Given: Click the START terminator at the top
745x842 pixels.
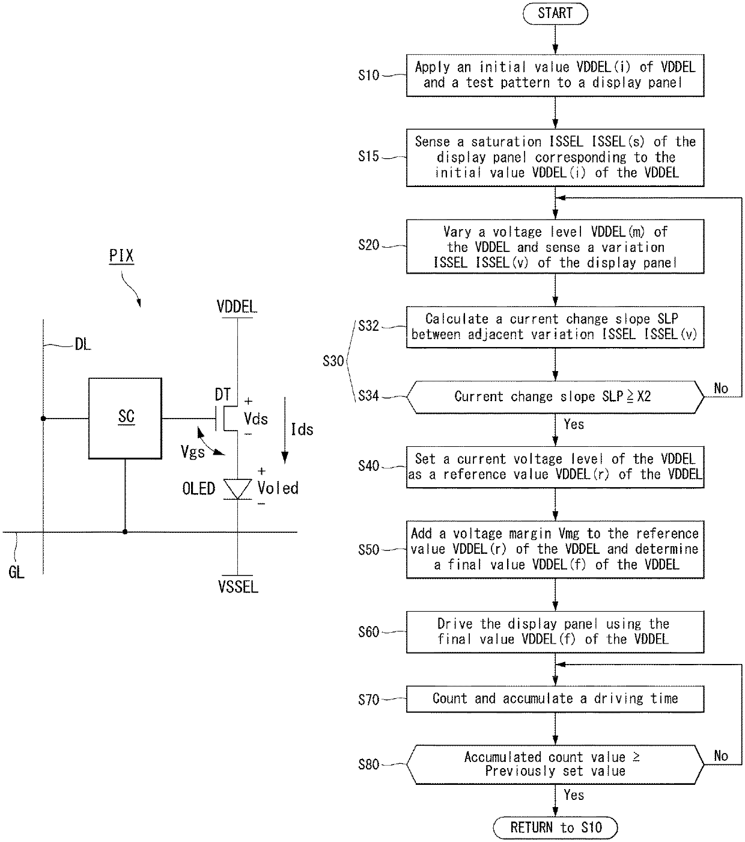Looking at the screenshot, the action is pyautogui.click(x=555, y=13).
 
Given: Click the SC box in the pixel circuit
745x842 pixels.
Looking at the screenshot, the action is pyautogui.click(x=125, y=418).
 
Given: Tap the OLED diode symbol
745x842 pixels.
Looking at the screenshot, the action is pyautogui.click(x=237, y=489).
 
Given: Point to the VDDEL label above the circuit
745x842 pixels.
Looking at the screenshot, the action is pyautogui.click(x=237, y=307).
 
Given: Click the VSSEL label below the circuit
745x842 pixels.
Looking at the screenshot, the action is pyautogui.click(x=238, y=586).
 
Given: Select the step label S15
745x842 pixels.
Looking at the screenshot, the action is pyautogui.click(x=368, y=156).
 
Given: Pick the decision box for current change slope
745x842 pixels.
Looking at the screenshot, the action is pyautogui.click(x=555, y=397).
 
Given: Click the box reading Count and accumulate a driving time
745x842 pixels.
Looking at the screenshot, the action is pyautogui.click(x=555, y=699).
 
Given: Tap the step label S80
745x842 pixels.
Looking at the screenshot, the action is pyautogui.click(x=368, y=764).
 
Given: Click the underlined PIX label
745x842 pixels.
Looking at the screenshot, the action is pyautogui.click(x=121, y=256).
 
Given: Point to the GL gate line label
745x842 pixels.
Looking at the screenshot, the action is pyautogui.click(x=16, y=573).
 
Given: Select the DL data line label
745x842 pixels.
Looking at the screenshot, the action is pyautogui.click(x=83, y=344).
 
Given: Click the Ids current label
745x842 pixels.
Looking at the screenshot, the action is pyautogui.click(x=302, y=429).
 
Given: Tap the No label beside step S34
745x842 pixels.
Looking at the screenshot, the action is pyautogui.click(x=721, y=388).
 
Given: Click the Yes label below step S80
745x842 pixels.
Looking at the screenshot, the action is pyautogui.click(x=574, y=794).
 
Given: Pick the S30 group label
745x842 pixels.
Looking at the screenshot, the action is pyautogui.click(x=333, y=361).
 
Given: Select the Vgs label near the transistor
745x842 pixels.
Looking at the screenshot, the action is pyautogui.click(x=193, y=452).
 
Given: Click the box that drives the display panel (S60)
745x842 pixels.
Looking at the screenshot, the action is pyautogui.click(x=555, y=631).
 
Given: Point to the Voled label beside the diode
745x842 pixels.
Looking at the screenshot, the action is pyautogui.click(x=278, y=488).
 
